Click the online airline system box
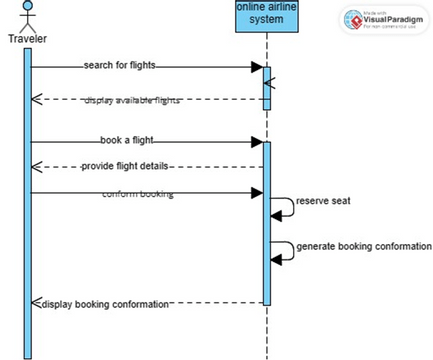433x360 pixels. pos(266,15)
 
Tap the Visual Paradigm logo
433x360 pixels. pos(385,21)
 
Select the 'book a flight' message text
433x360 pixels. pos(126,141)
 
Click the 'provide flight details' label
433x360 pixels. pos(126,166)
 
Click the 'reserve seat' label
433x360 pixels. pos(320,201)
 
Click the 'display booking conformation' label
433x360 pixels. pos(104,303)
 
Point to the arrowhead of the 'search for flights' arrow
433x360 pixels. pos(257,67)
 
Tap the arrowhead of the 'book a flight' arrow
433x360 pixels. pos(257,142)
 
